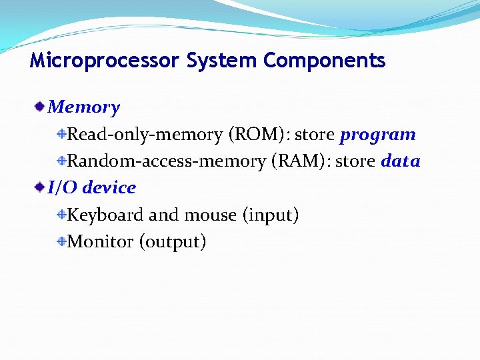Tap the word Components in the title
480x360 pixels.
[325, 61]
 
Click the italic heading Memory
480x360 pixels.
[84, 107]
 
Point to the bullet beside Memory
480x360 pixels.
[41, 106]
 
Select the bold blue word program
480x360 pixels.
[377, 135]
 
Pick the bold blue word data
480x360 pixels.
[400, 161]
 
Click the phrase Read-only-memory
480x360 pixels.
[145, 135]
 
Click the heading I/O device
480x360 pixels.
[92, 188]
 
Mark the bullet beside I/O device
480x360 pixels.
[41, 187]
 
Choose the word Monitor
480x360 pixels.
[101, 242]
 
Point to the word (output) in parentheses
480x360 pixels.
[173, 242]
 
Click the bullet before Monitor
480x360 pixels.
[61, 241]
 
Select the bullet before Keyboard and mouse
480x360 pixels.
[61, 215]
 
